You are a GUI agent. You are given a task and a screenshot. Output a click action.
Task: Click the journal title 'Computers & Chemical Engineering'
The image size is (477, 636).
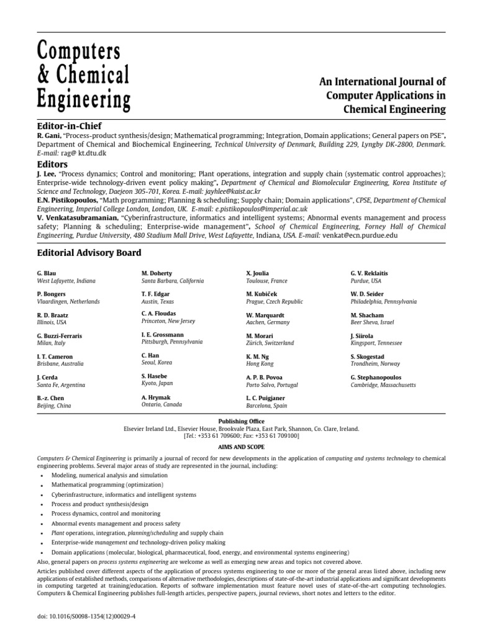[84, 75]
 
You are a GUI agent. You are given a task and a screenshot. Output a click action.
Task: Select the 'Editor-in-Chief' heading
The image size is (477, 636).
[69, 125]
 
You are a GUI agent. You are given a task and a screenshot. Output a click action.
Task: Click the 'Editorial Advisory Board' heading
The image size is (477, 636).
[88, 253]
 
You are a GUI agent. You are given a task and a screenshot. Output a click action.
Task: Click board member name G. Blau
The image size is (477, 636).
[48, 273]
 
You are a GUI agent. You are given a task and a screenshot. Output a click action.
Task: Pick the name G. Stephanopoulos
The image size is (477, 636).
[376, 377]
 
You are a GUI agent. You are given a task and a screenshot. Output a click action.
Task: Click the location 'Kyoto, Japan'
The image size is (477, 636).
[157, 384]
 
